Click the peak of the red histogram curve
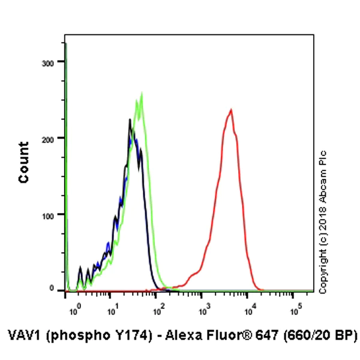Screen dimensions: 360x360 (x=231, y=110)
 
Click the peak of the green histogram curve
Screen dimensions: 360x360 (x=142, y=94)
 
